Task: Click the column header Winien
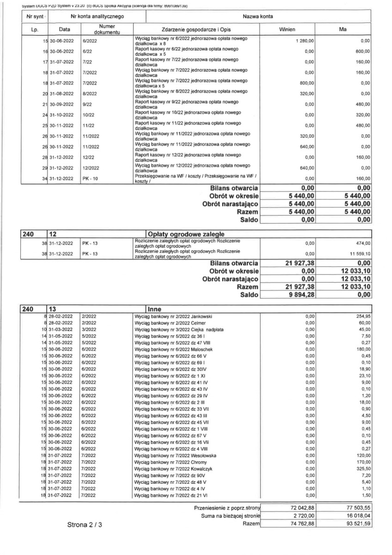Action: point(288,29)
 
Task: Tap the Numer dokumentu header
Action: point(107,30)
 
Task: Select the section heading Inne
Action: point(154,309)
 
